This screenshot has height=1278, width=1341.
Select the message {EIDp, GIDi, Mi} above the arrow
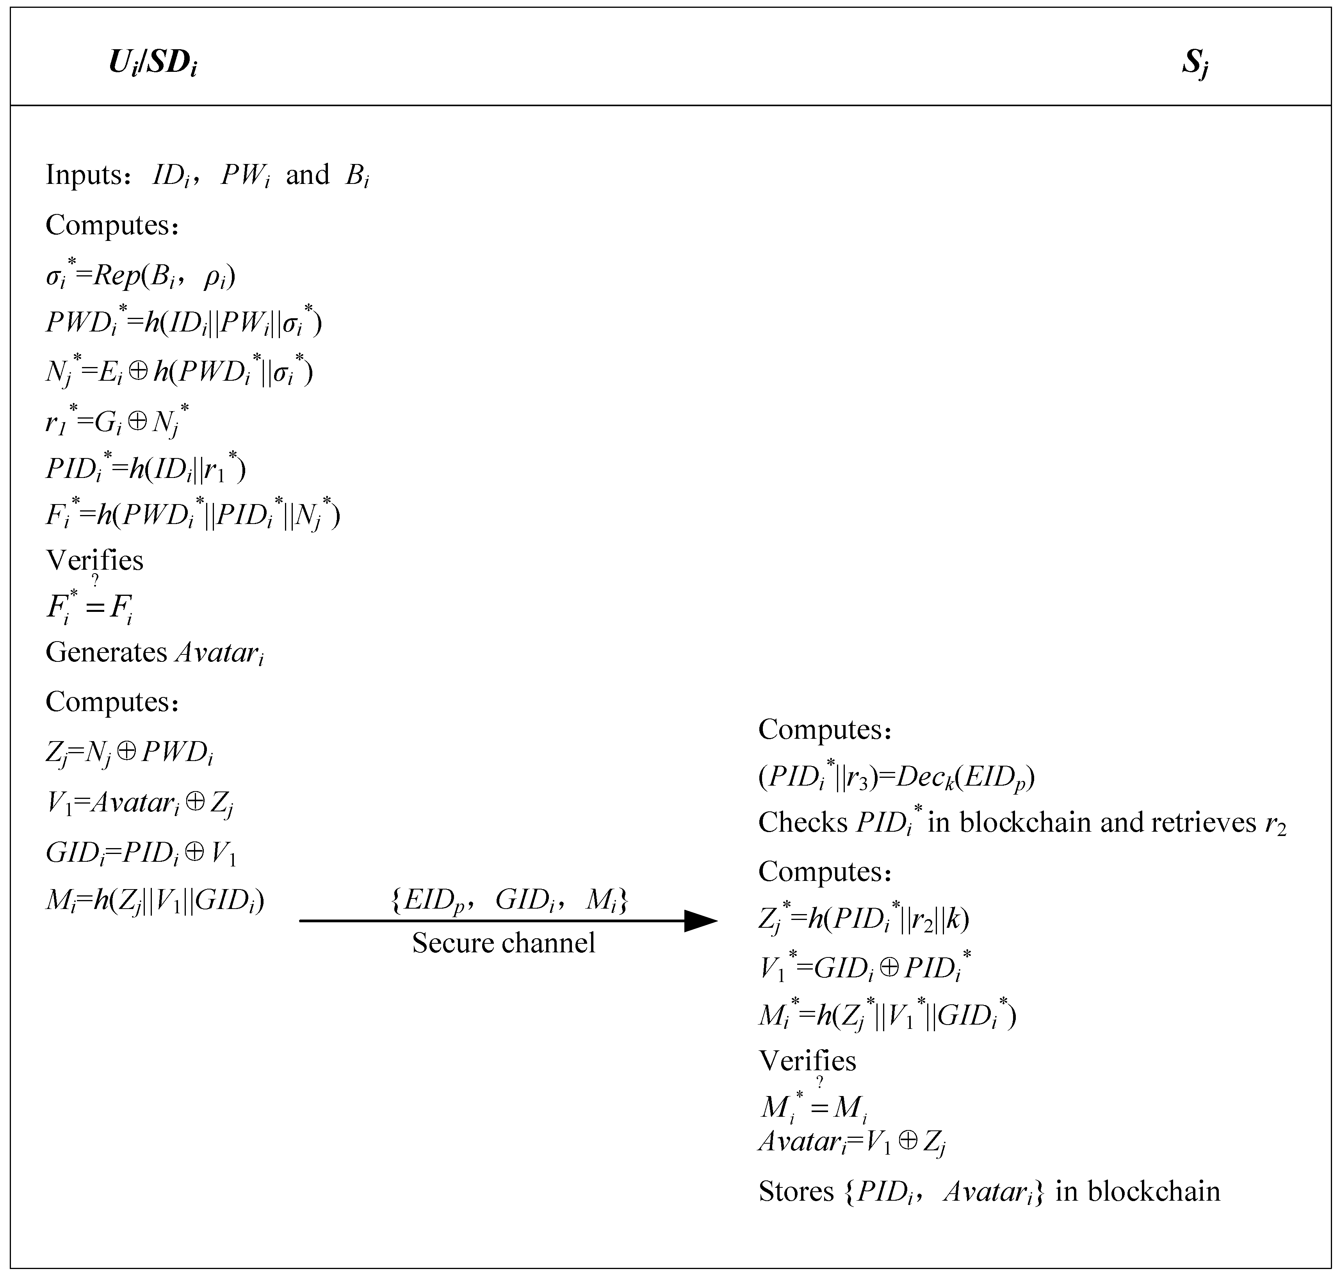(509, 900)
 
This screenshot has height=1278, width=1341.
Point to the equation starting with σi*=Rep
(140, 276)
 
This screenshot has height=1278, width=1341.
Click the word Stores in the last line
(796, 1191)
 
